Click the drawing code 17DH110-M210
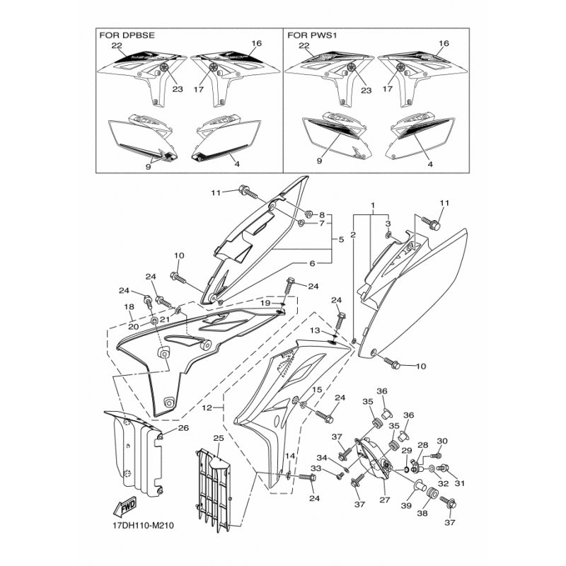pyautogui.click(x=144, y=526)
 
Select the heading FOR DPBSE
pyautogui.click(x=127, y=35)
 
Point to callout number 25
pyautogui.click(x=219, y=438)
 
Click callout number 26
pyautogui.click(x=183, y=429)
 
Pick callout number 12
pyautogui.click(x=207, y=408)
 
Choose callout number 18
pyautogui.click(x=129, y=307)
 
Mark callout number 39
pyautogui.click(x=406, y=506)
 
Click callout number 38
pyautogui.click(x=422, y=513)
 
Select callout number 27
pyautogui.click(x=385, y=500)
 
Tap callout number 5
pyautogui.click(x=341, y=239)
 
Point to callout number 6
pyautogui.click(x=313, y=263)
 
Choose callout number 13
pyautogui.click(x=315, y=330)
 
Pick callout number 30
pyautogui.click(x=442, y=441)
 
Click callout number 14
pyautogui.click(x=290, y=456)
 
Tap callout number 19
pyautogui.click(x=265, y=303)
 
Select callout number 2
pyautogui.click(x=353, y=235)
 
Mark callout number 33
pyautogui.click(x=316, y=469)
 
